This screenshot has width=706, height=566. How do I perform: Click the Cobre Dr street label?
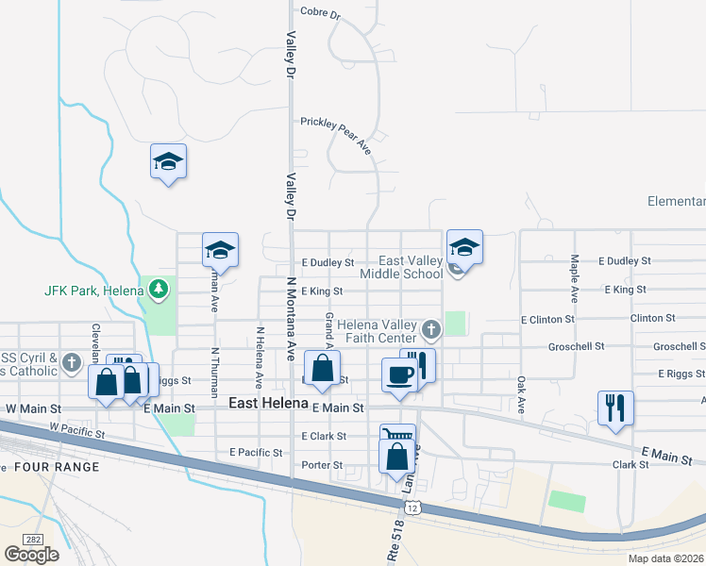(319, 12)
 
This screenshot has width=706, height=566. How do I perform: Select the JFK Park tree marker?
(159, 289)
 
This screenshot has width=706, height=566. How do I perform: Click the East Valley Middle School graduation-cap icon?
(464, 247)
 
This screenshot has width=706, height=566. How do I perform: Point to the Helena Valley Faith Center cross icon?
(431, 329)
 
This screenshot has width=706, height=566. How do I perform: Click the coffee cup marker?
(398, 375)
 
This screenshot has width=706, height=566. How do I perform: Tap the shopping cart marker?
(397, 437)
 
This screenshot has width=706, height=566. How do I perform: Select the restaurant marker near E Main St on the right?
(615, 408)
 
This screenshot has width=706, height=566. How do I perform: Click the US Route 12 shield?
(412, 508)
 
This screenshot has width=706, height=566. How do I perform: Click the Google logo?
(31, 554)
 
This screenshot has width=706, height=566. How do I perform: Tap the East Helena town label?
(268, 404)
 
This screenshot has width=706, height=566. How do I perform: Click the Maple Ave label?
(573, 277)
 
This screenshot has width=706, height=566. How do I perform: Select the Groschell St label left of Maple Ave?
(577, 346)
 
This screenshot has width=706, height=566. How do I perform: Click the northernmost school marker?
(168, 161)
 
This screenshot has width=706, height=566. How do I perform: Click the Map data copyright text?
(664, 558)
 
